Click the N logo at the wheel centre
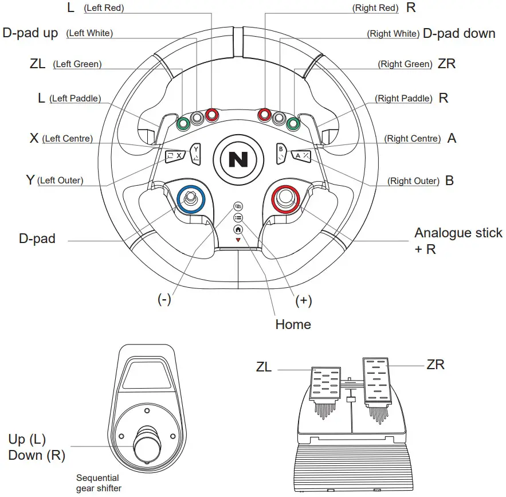(x=238, y=159)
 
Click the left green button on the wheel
(x=184, y=123)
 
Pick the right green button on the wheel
(x=293, y=123)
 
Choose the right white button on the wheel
(x=279, y=118)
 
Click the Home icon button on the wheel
(x=238, y=229)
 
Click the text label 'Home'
(x=293, y=324)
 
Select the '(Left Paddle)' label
(x=75, y=99)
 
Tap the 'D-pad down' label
(x=458, y=33)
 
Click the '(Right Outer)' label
(x=413, y=181)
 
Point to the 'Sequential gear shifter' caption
(x=98, y=483)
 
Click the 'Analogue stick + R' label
(x=458, y=241)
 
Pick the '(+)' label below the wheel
(x=303, y=301)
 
